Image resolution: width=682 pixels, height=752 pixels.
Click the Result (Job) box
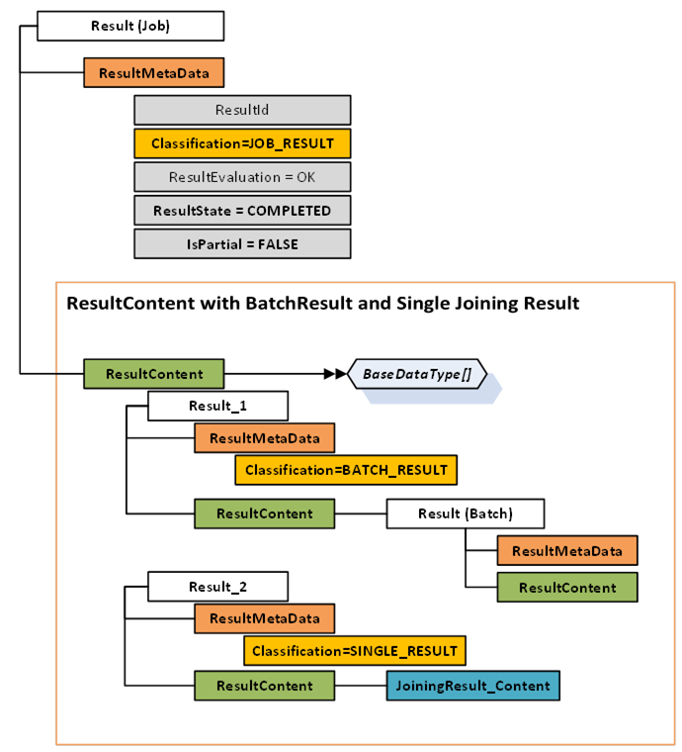[x=130, y=27]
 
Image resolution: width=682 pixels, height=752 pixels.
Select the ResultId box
[x=242, y=110]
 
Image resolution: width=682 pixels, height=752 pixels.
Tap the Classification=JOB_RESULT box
[x=242, y=143]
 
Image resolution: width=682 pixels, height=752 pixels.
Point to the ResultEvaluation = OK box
[x=242, y=177]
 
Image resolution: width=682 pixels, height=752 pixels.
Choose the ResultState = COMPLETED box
[x=242, y=211]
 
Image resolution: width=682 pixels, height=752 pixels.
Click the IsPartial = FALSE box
[x=242, y=244]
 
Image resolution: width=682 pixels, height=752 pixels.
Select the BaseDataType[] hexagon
[x=417, y=374]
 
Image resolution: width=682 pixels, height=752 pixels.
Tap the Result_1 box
[x=217, y=406]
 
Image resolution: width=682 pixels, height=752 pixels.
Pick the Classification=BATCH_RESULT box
[x=346, y=469]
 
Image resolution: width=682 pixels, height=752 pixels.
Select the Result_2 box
[x=217, y=587]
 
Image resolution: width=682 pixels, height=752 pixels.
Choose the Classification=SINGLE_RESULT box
[x=355, y=651]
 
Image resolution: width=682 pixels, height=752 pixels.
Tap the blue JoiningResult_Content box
[x=473, y=685]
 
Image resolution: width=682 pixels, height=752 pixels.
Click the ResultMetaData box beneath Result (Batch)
[x=566, y=550]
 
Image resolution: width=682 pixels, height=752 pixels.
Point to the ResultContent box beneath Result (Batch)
[x=566, y=588]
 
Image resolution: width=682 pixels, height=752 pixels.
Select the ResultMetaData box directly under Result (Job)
[x=154, y=73]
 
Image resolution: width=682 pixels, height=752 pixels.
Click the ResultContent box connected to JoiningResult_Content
[x=264, y=685]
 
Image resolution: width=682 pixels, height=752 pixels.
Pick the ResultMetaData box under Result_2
[x=264, y=618]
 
